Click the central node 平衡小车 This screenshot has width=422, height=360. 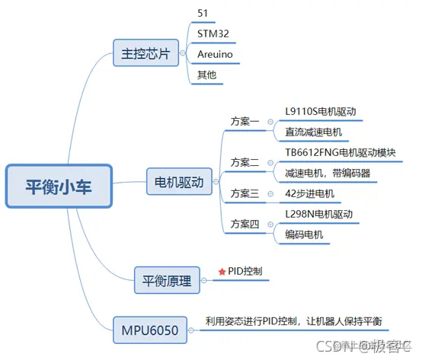pos(58,186)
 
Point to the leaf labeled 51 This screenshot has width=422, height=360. pos(203,13)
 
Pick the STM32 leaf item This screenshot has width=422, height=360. pos(213,33)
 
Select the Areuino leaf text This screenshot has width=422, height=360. pos(216,56)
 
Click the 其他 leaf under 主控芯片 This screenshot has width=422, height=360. pos(206,76)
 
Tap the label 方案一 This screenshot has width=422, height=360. pos(245,121)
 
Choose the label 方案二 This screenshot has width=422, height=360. pos(245,162)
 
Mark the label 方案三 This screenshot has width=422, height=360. pos(245,193)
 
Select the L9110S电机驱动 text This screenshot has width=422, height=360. pos(319,111)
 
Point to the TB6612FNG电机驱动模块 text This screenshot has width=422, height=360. pos(340,152)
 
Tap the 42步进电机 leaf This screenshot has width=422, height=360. pos(309,193)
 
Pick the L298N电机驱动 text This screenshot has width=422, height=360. pos(318,215)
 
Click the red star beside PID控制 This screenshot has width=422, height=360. pos(222,271)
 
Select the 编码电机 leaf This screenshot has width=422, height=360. pos(303,234)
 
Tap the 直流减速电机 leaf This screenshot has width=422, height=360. pos(313,132)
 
